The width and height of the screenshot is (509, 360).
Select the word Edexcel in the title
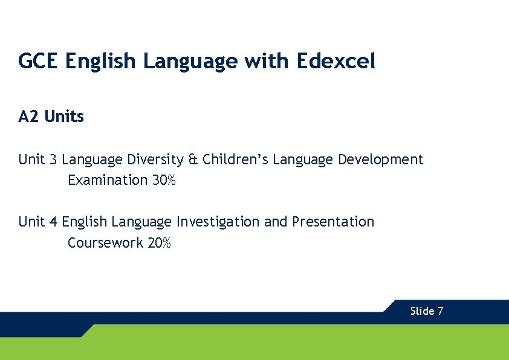click(x=336, y=61)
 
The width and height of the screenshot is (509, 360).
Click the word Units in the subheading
click(x=64, y=117)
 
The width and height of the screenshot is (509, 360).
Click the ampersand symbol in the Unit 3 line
click(x=193, y=160)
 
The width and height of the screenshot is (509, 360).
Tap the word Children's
click(x=235, y=160)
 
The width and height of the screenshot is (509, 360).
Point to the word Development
click(x=380, y=160)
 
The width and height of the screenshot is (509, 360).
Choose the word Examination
click(x=108, y=180)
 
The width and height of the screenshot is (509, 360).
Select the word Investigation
click(x=218, y=222)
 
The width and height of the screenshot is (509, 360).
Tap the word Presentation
click(x=333, y=222)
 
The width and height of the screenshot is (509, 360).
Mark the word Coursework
click(x=105, y=243)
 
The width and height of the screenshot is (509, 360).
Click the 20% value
click(x=160, y=243)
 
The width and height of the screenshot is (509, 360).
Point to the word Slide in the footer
click(x=422, y=311)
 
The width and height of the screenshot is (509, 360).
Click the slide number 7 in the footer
click(x=441, y=311)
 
